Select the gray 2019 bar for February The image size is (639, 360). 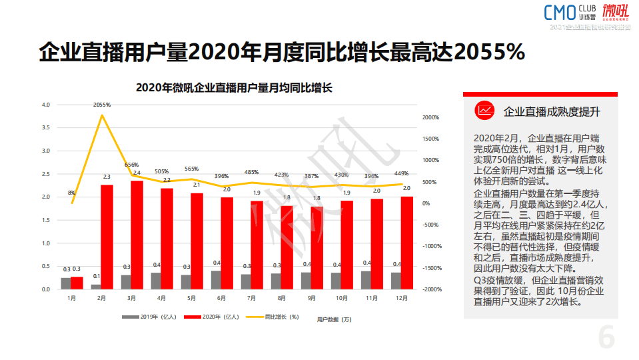96,287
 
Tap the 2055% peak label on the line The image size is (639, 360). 102,105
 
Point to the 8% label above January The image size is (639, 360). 71,193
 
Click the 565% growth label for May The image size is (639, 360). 191,169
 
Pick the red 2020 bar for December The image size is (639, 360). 406,243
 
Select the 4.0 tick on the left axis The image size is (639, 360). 46,105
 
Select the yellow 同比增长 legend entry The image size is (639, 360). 273,316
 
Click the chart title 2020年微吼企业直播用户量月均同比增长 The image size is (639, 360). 234,87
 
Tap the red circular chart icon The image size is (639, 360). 484,111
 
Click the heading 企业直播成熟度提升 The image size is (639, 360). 552,111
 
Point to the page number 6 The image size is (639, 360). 606,337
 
